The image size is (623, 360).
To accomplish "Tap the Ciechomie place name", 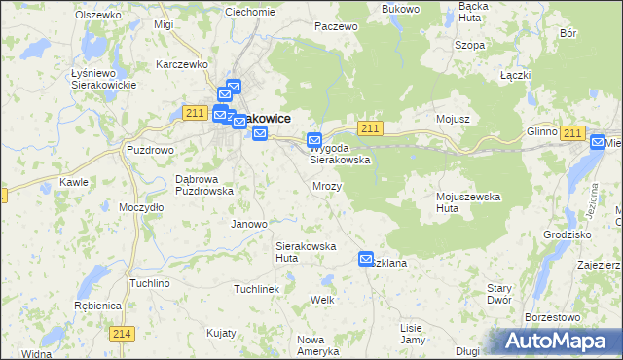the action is click(250, 12).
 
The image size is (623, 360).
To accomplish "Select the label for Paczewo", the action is click(337, 27).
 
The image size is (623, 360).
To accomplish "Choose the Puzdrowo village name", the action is click(150, 151).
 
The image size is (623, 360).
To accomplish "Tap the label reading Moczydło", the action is click(140, 208).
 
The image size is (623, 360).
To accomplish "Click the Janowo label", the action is click(248, 224).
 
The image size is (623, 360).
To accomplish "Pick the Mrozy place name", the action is click(327, 185).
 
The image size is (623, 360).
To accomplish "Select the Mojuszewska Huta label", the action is click(467, 202).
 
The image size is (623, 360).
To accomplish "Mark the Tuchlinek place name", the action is click(256, 289).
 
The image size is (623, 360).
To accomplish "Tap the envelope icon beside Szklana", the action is click(366, 259).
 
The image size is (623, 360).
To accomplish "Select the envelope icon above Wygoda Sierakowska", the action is click(314, 140).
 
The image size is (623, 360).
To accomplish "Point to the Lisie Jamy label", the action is click(413, 334).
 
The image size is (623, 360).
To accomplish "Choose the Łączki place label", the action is click(515, 76).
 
